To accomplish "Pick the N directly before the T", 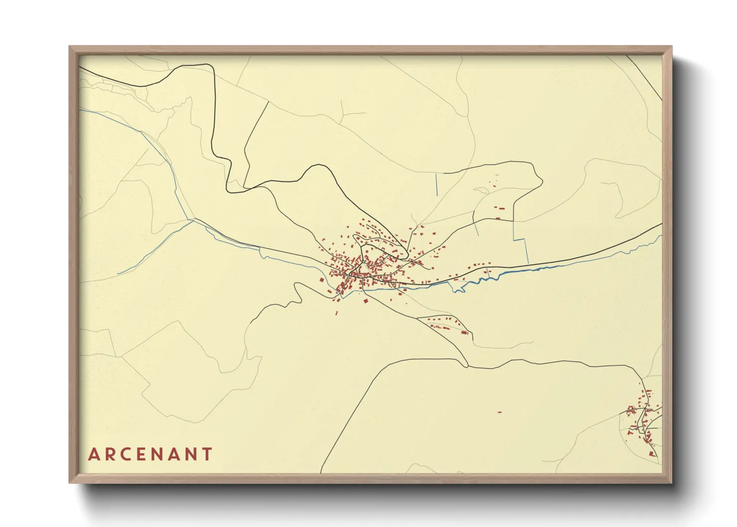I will [190, 454].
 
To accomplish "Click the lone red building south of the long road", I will [499, 412].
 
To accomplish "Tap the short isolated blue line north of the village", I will [436, 184].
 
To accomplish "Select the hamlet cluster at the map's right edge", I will [644, 421].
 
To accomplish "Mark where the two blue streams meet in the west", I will [193, 220].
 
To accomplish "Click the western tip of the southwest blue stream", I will [119, 274].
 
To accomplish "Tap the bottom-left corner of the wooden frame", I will [70, 482].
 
